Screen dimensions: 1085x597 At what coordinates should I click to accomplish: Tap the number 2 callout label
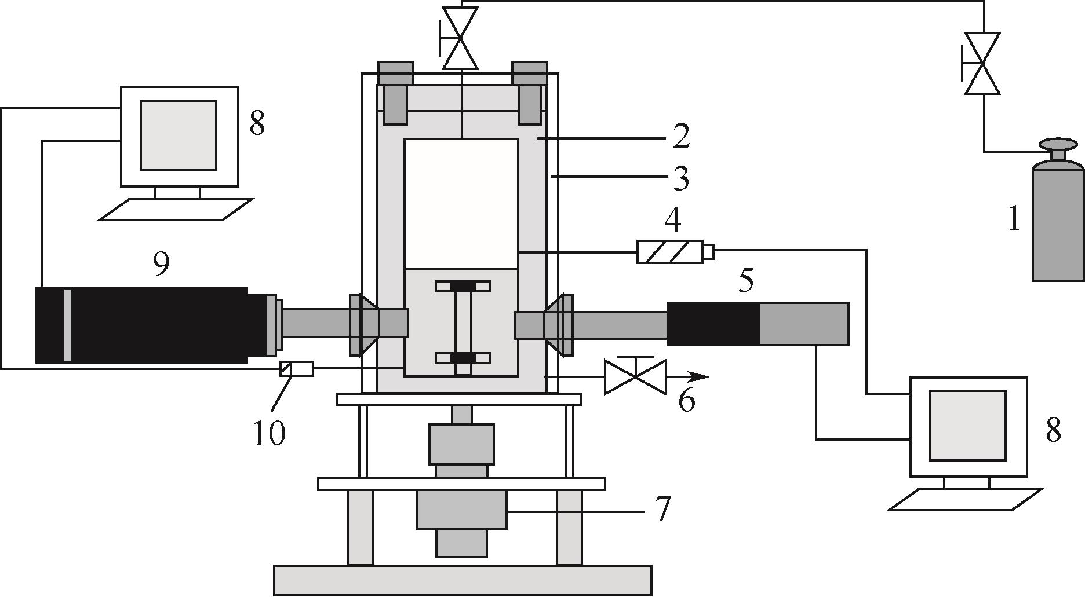[x=681, y=137]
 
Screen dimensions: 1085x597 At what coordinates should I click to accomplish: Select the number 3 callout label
[x=681, y=178]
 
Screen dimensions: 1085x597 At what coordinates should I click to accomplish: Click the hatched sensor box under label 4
[x=670, y=252]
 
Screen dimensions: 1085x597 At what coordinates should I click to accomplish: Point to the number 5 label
[x=746, y=281]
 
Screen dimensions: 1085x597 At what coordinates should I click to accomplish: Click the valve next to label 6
[x=635, y=376]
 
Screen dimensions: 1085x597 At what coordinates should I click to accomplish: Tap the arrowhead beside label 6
[x=700, y=376]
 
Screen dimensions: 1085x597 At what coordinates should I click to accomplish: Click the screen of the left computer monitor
[x=179, y=135]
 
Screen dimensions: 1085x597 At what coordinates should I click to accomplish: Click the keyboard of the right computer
[x=964, y=500]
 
